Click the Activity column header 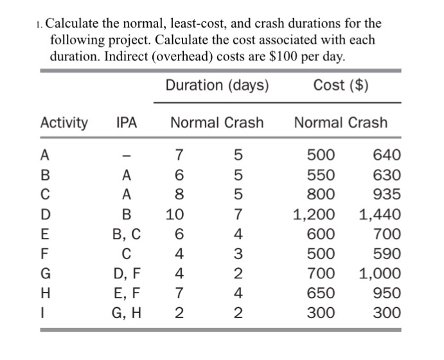point(64,122)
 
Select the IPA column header point(127,122)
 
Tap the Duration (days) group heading point(217,85)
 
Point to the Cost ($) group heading point(341,85)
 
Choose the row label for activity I point(43,313)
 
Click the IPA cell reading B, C point(127,234)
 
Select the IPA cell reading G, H point(127,313)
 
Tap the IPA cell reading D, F point(127,273)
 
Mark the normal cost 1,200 point(314,214)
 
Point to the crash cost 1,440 point(380,214)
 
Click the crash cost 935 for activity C point(387,194)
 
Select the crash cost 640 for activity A point(387,155)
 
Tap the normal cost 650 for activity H point(321,293)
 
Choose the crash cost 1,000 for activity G point(380,273)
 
